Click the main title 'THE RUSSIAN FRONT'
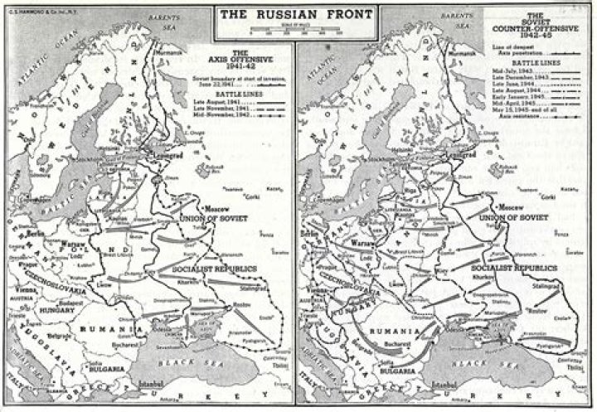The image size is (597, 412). pos(298,14)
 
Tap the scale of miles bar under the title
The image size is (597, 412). pos(298,32)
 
